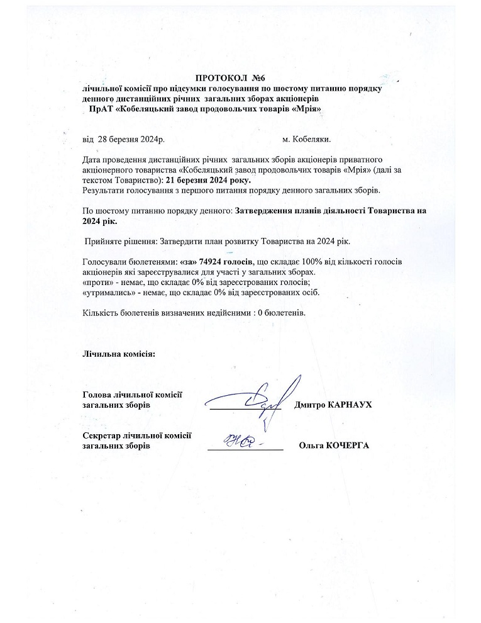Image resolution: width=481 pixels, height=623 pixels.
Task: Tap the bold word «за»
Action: click(187, 261)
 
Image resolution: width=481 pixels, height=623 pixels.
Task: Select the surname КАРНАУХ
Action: click(350, 405)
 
